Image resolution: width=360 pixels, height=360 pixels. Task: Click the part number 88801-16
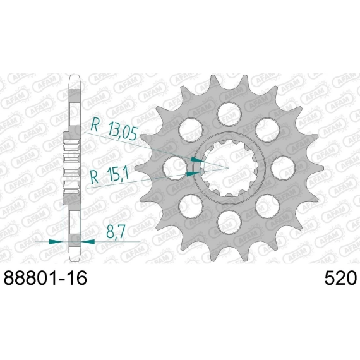coord(45,278)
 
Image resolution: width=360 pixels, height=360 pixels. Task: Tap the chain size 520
coord(340,278)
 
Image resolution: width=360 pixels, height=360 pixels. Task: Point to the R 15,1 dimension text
coord(109,177)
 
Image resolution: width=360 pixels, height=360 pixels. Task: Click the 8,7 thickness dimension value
coord(116,232)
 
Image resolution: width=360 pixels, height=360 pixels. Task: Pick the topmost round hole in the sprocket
coord(229,114)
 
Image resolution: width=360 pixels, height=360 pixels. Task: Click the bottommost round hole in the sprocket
coord(229,222)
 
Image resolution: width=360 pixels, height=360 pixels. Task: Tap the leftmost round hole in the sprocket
coord(175,168)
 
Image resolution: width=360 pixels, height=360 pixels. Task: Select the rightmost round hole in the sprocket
coord(284,168)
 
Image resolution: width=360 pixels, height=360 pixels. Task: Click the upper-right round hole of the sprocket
coord(268,130)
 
